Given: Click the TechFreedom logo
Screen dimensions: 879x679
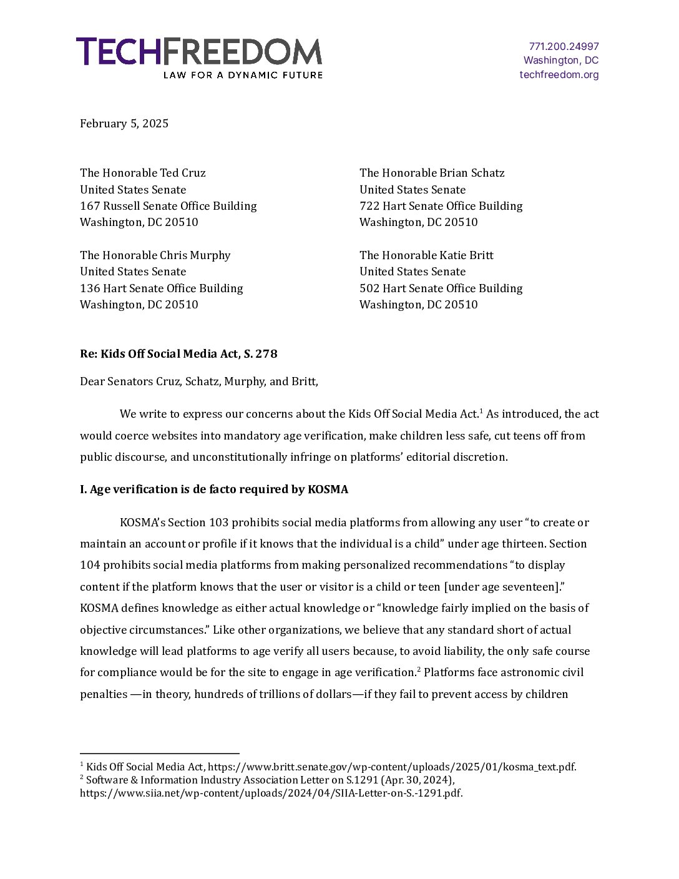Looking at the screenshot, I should [x=198, y=52].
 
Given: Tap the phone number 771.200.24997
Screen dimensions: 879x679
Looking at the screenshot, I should [x=564, y=46].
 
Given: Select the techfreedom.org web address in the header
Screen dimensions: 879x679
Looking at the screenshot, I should [x=559, y=75].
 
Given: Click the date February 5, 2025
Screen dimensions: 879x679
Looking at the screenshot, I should [x=124, y=124].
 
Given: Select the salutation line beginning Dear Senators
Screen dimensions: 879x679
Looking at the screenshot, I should [x=198, y=381].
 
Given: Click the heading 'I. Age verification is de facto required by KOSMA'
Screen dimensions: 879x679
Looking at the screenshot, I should [x=214, y=489].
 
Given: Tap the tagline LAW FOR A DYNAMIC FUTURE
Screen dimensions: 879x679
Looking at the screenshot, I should [x=243, y=75].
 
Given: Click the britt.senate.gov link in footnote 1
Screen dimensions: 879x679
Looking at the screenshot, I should [x=392, y=767].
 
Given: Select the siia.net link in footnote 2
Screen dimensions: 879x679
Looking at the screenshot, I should [x=271, y=793].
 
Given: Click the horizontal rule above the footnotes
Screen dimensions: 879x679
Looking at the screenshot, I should [x=159, y=754].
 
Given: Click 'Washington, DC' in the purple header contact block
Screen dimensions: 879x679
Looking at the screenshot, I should [x=560, y=61].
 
